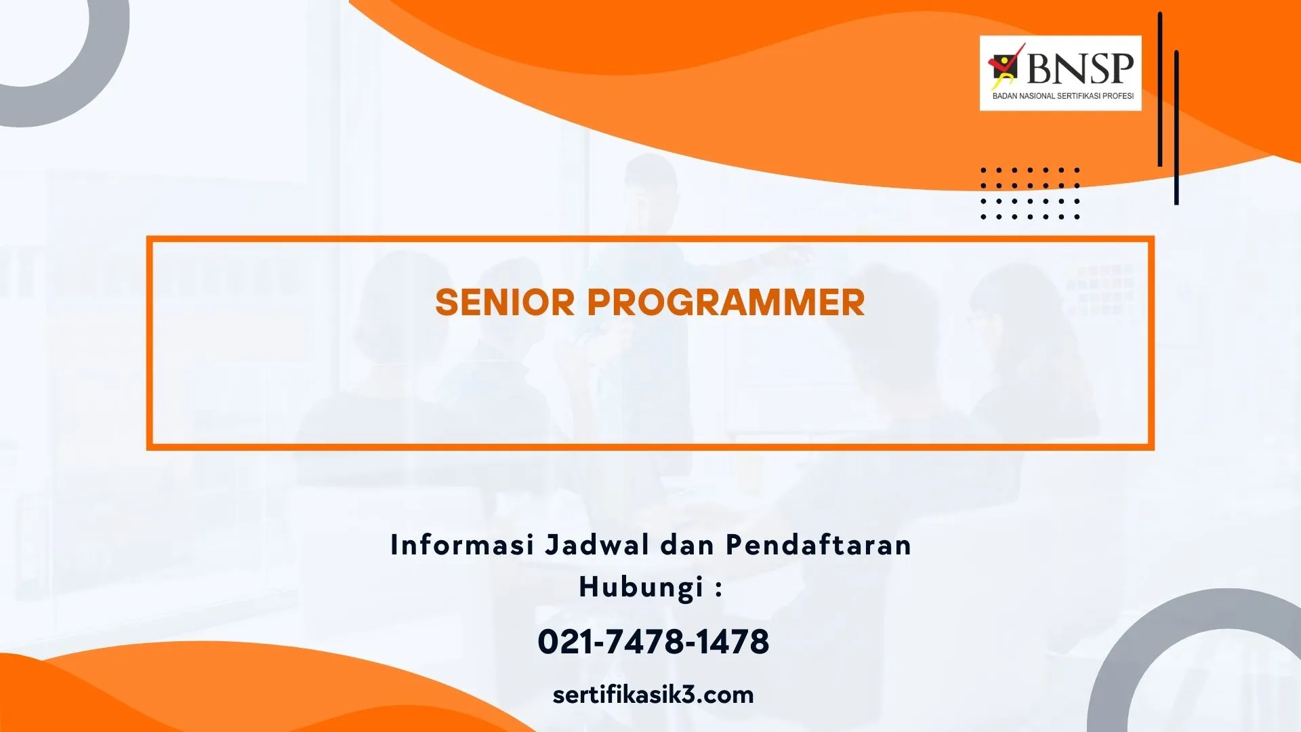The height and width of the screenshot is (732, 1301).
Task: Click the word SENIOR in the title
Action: [505, 302]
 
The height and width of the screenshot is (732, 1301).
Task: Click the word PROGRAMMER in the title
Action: [726, 302]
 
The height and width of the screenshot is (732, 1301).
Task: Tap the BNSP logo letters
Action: [1080, 68]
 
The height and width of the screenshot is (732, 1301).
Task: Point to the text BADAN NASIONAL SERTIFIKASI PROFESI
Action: [1063, 96]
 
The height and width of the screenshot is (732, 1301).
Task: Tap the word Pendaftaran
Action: [819, 545]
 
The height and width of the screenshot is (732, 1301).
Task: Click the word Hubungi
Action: [641, 587]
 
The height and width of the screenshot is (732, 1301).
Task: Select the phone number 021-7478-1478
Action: [653, 642]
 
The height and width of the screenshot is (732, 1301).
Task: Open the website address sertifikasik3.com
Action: [653, 695]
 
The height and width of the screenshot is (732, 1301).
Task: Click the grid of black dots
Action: [1030, 193]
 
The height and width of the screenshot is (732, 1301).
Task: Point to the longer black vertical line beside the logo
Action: [1160, 89]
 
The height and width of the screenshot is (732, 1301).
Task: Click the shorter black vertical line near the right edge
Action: [1176, 127]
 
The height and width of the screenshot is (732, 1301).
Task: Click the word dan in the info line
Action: [688, 545]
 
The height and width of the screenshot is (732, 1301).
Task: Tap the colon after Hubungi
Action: [719, 588]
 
